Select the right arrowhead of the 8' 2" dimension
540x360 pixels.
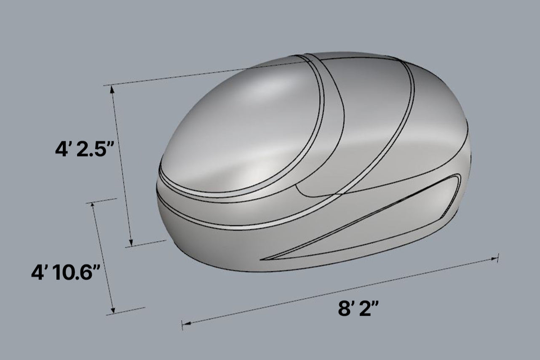click(494, 259)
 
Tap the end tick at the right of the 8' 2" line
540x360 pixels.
click(498, 258)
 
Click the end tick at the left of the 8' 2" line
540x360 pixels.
click(182, 325)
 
